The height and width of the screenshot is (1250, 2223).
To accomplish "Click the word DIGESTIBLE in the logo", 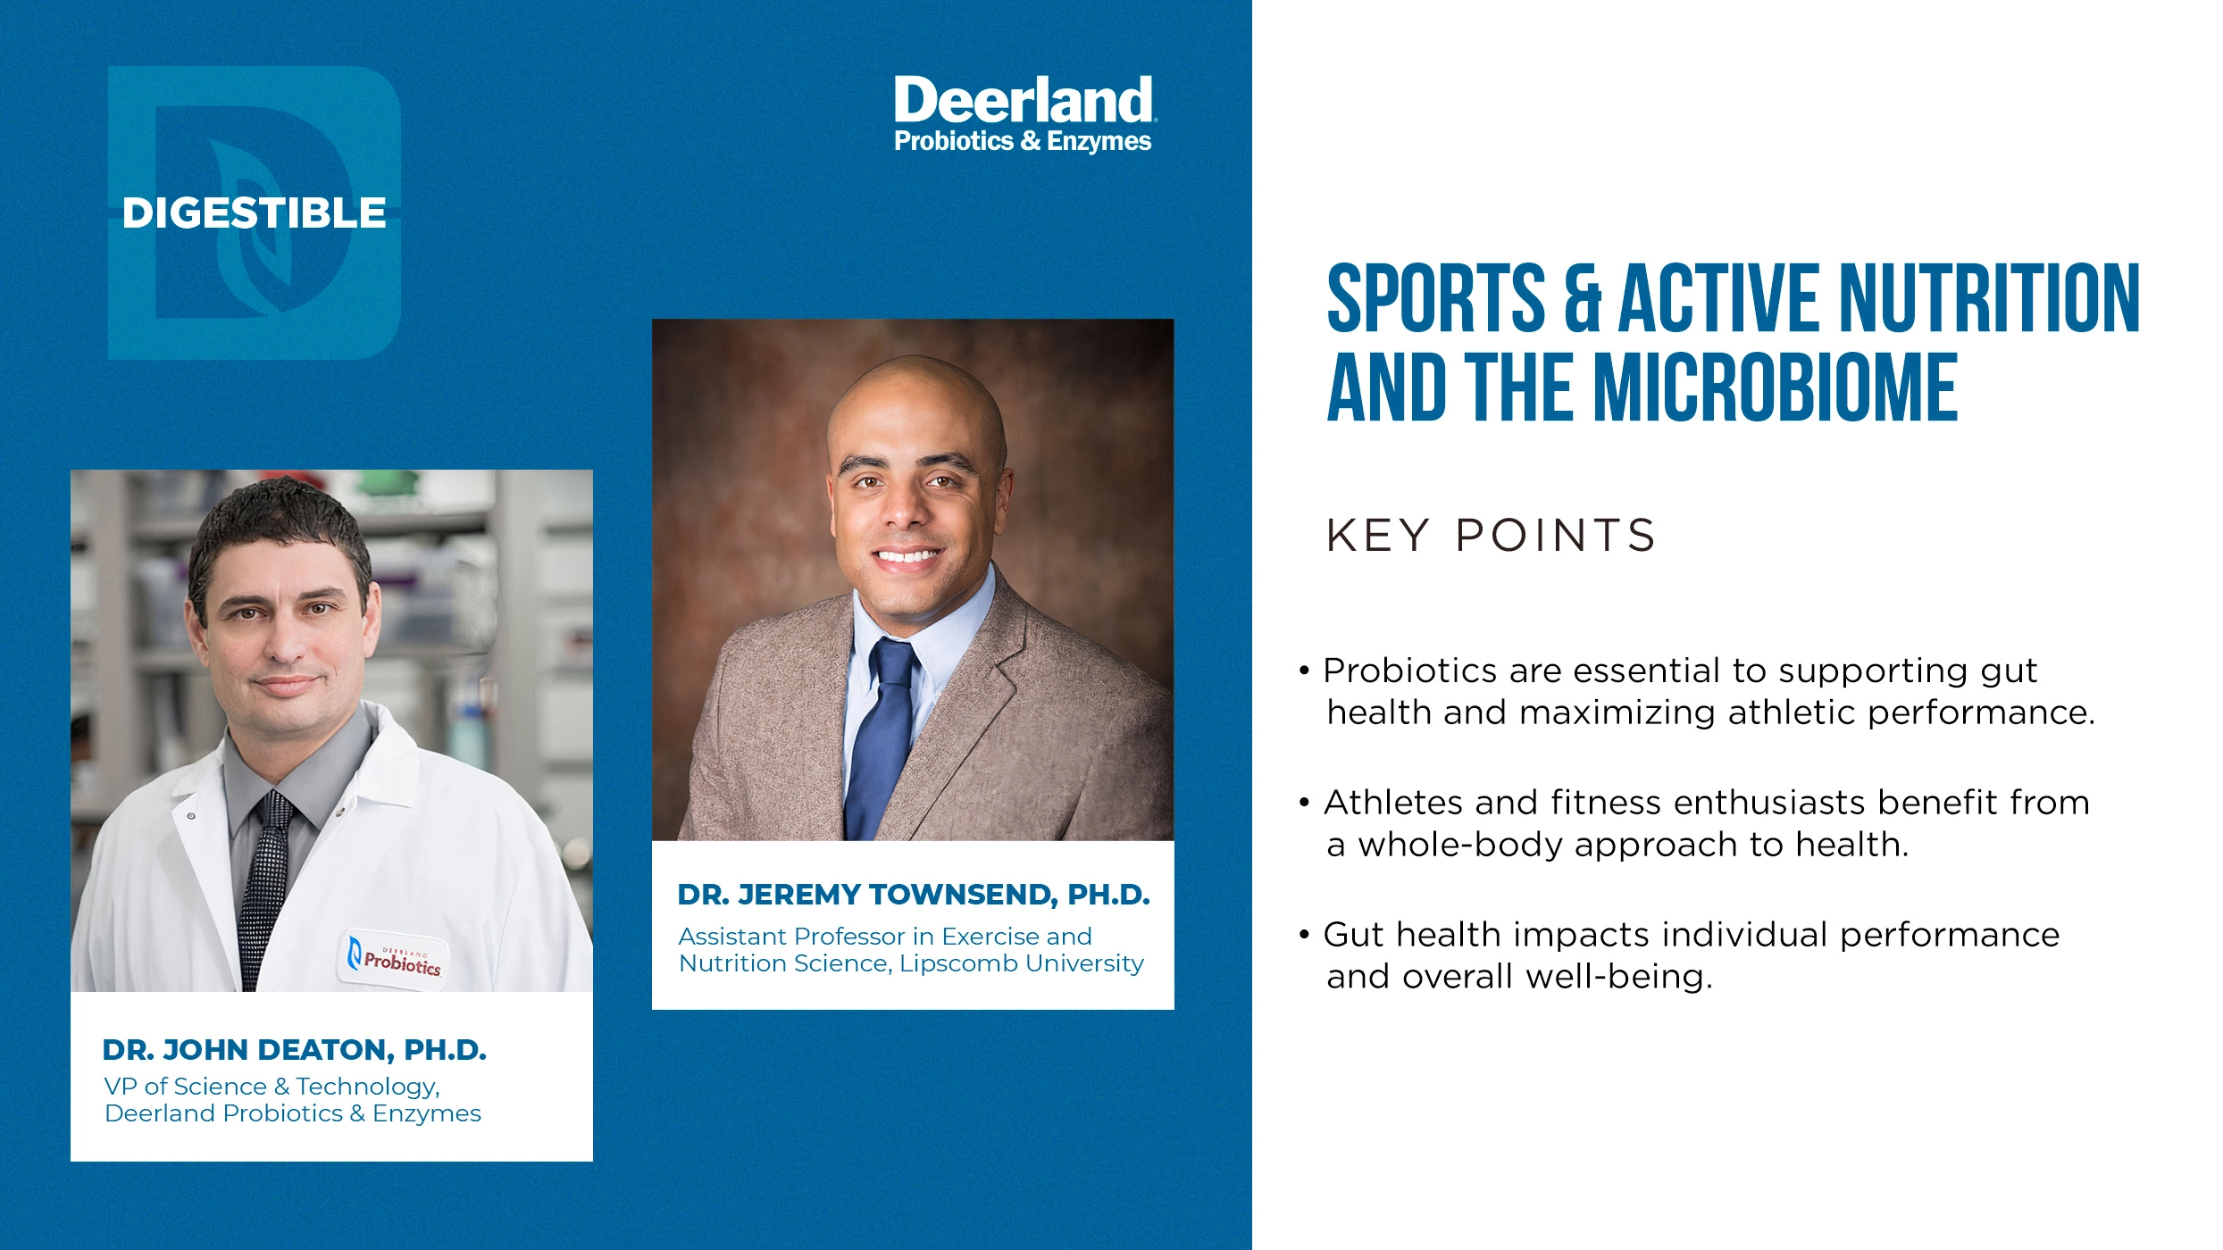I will point(254,213).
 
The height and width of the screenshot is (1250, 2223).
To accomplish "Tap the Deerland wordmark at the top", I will point(1023,100).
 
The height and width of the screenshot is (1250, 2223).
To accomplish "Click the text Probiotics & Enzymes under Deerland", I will point(1023,141).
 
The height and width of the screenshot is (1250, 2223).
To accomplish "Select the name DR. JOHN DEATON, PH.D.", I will point(294,1050).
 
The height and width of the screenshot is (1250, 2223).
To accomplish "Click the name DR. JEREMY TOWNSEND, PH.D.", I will point(913,895).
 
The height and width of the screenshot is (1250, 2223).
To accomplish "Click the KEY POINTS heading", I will point(1491,536).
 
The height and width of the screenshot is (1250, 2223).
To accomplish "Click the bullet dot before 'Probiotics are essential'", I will point(1305,671).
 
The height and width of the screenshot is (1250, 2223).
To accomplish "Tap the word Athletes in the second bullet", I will point(1392,803).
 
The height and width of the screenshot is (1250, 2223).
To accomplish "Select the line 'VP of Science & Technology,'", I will point(272,1087).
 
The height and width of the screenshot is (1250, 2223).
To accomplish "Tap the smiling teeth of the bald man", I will point(907,556).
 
